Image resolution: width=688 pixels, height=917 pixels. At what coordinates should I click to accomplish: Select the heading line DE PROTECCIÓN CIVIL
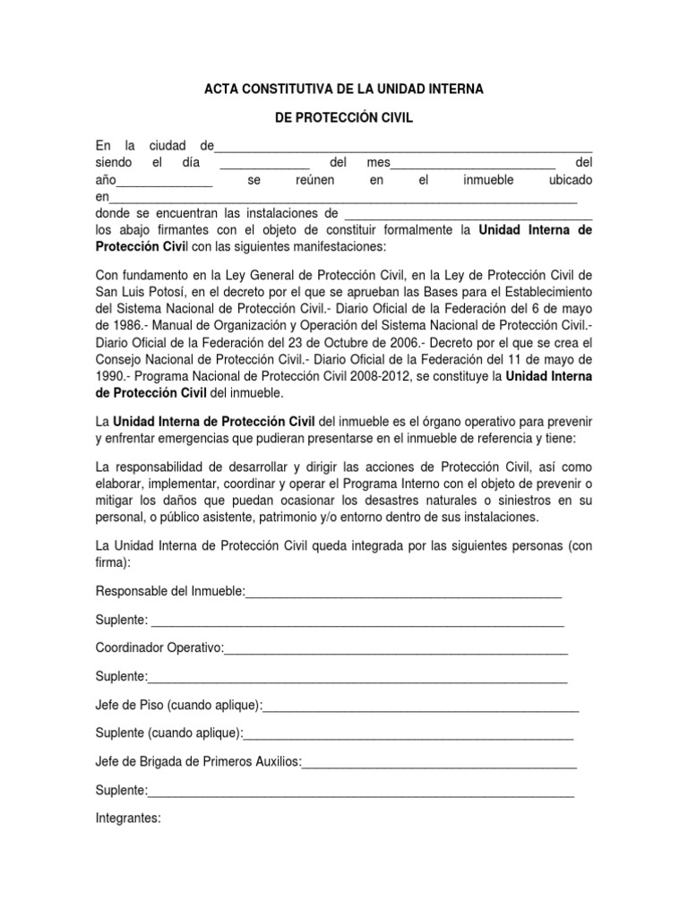pos(344,120)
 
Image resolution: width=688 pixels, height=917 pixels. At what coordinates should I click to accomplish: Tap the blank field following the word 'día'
pos(263,163)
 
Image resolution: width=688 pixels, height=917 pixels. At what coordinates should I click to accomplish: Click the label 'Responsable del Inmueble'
pos(168,592)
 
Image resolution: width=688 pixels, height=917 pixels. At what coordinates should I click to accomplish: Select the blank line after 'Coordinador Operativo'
pos(396,647)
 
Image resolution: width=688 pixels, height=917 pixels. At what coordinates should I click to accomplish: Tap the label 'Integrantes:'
pos(128,818)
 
